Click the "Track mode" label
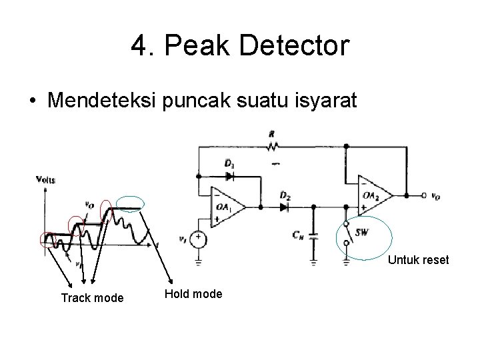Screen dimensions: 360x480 click(x=92, y=298)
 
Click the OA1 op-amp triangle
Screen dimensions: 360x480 click(x=225, y=206)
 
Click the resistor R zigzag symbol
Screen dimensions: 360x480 click(x=271, y=145)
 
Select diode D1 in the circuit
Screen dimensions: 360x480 click(x=231, y=177)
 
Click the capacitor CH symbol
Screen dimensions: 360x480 click(x=314, y=235)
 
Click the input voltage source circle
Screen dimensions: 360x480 click(x=198, y=237)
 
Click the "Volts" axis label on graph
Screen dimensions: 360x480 click(x=47, y=179)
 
